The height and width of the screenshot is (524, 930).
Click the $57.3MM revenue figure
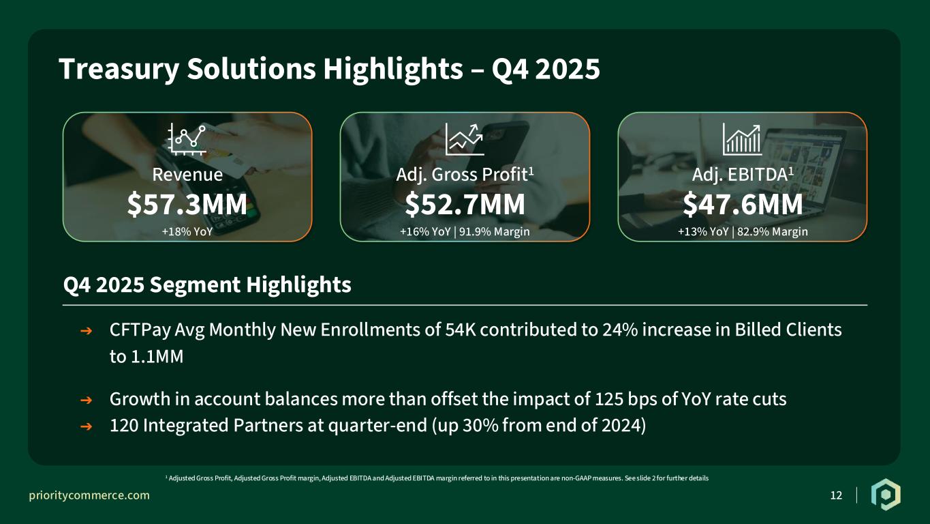[187, 204]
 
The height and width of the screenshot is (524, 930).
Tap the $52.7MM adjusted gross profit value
[465, 204]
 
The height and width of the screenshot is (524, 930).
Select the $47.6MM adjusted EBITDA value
[743, 204]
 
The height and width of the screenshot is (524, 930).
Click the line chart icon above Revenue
[187, 139]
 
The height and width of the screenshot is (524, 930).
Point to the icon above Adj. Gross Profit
[465, 139]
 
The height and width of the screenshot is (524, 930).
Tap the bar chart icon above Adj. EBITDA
[742, 139]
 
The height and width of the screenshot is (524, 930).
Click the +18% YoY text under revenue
[187, 232]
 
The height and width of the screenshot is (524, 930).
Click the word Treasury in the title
[119, 69]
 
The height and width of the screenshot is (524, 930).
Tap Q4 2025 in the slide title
[546, 69]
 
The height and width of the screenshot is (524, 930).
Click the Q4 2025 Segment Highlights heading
[207, 285]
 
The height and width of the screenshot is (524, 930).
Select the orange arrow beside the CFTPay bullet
[86, 331]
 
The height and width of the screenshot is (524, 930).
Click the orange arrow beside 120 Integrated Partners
[86, 426]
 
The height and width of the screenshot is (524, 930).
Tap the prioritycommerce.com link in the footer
[89, 495]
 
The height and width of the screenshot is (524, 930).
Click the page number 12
[836, 495]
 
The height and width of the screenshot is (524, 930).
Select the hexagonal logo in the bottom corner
[886, 495]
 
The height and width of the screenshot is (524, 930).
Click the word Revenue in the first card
[187, 175]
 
